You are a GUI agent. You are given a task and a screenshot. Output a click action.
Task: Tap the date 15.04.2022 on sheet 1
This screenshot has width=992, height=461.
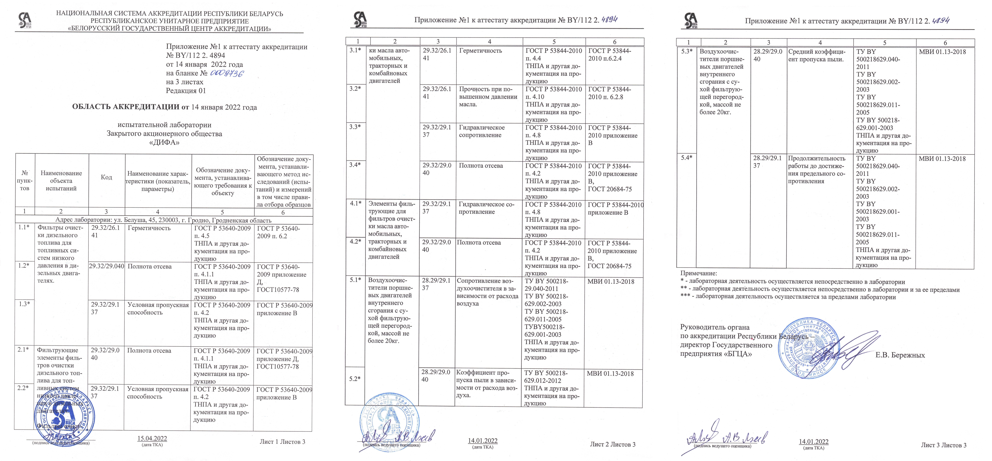152,438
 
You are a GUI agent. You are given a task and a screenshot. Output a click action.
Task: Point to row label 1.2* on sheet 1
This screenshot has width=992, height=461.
23,266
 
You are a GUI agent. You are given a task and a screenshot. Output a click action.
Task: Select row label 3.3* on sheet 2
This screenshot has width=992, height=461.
355,127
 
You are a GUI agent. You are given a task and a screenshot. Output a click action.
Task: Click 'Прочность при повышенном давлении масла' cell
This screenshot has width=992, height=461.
488,96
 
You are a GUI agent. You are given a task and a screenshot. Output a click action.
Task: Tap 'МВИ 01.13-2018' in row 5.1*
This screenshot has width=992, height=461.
611,281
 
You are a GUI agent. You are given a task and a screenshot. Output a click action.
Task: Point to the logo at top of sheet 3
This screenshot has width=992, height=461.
690,20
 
